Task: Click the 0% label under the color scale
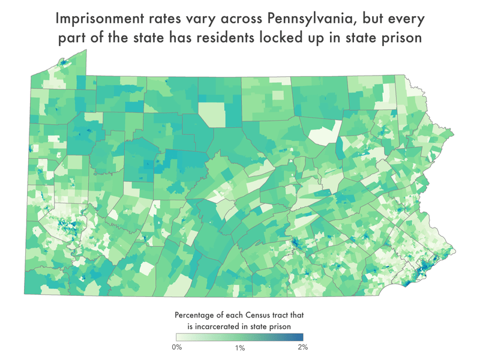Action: coord(178,347)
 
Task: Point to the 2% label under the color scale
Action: coord(302,347)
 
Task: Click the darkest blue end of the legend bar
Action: coord(301,337)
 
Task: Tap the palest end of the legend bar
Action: coord(179,337)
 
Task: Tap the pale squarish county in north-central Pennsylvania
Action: coord(212,114)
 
